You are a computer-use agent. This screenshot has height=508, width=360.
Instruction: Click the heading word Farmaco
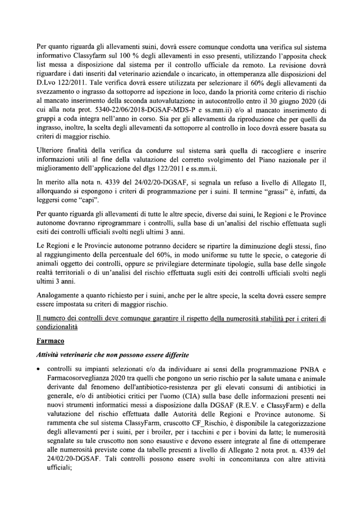[51, 342]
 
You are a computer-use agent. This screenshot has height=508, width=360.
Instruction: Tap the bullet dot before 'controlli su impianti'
[38, 370]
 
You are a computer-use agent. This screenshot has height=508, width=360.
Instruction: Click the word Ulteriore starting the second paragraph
[52, 151]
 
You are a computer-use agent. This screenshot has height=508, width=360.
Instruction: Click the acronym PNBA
[306, 370]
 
